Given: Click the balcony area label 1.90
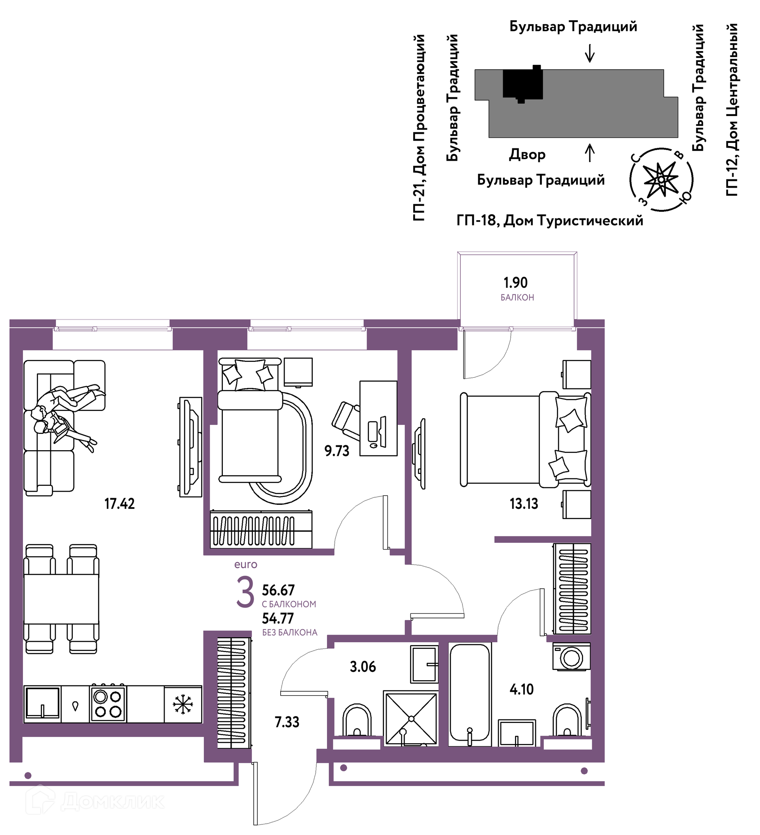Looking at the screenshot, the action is pyautogui.click(x=515, y=283).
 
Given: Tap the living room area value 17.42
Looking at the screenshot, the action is pyautogui.click(x=119, y=504).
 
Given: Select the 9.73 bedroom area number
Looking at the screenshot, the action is pyautogui.click(x=337, y=451).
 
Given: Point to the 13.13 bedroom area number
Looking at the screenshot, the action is pyautogui.click(x=524, y=504).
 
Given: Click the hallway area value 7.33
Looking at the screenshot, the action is pyautogui.click(x=287, y=722).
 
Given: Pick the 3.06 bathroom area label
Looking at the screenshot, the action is pyautogui.click(x=363, y=667).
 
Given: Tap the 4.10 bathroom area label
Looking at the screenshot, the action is pyautogui.click(x=521, y=690).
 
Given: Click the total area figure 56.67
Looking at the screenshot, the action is pyautogui.click(x=278, y=590).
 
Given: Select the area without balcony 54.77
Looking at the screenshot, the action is pyautogui.click(x=278, y=618).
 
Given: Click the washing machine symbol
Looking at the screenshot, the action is pyautogui.click(x=572, y=656).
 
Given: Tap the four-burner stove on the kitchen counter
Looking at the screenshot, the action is pyautogui.click(x=108, y=704).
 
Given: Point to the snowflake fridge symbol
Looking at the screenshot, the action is pyautogui.click(x=182, y=704).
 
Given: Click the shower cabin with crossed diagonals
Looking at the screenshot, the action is pyautogui.click(x=411, y=719).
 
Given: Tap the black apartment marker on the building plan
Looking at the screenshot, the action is pyautogui.click(x=522, y=84).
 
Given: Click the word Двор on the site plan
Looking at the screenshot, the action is pyautogui.click(x=527, y=154).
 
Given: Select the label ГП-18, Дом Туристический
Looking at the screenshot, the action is pyautogui.click(x=549, y=221).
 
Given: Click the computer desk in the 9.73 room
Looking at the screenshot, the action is pyautogui.click(x=378, y=418).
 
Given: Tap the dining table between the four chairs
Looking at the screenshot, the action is pyautogui.click(x=61, y=599).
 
